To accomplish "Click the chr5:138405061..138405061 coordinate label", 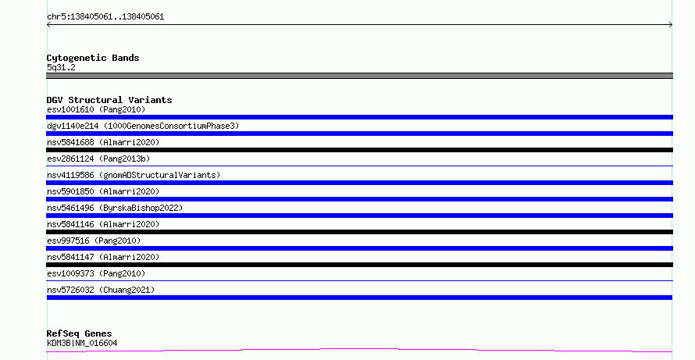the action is click(x=105, y=17).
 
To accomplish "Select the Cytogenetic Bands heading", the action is click(x=93, y=58).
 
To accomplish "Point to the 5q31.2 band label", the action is click(x=61, y=67).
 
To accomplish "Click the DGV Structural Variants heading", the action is click(x=109, y=100).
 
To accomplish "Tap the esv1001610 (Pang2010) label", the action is click(x=96, y=109).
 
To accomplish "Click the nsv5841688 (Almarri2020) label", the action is click(x=103, y=142).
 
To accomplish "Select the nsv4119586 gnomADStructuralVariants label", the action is click(x=134, y=175).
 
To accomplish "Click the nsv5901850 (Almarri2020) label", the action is click(x=103, y=191).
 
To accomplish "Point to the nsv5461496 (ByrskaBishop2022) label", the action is click(x=115, y=208).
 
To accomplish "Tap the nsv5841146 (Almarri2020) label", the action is click(x=103, y=224).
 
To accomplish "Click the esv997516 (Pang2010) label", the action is click(x=94, y=241).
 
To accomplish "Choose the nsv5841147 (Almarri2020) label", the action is click(x=103, y=257).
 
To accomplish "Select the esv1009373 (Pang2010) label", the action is click(x=96, y=273).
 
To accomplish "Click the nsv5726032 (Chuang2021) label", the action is click(x=101, y=290).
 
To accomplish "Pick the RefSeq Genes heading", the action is click(x=80, y=333).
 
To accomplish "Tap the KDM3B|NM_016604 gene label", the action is click(x=82, y=343).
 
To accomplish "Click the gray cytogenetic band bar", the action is click(x=359, y=76).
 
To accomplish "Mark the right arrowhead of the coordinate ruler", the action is click(x=672, y=25).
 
